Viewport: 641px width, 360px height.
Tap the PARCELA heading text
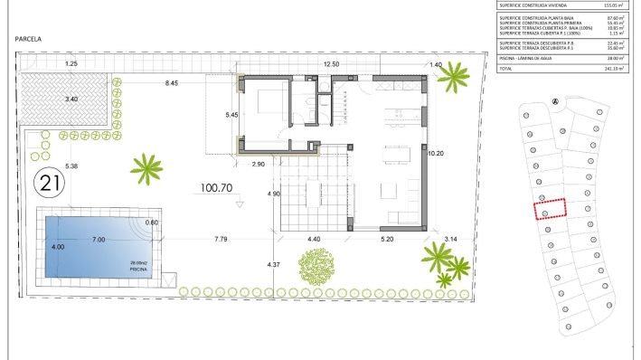(31, 40)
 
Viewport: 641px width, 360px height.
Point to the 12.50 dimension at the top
(331, 64)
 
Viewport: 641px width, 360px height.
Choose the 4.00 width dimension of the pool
(58, 247)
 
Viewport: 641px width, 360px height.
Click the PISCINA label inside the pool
(138, 270)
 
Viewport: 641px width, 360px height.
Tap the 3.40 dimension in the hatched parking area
(71, 98)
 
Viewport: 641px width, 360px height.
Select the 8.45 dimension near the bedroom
(173, 83)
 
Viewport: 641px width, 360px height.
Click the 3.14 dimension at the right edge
(453, 239)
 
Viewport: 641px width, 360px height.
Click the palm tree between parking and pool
(144, 166)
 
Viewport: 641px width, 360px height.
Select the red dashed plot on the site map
(548, 209)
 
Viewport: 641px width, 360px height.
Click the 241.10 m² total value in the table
(618, 67)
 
